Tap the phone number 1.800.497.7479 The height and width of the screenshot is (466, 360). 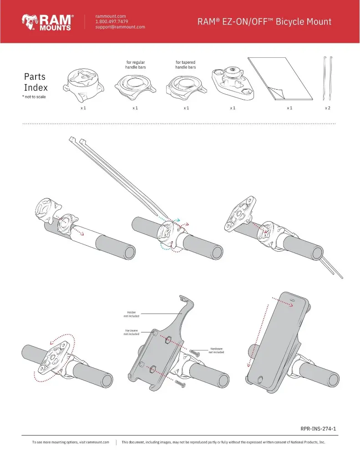click(111, 21)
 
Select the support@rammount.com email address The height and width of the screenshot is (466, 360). click(120, 27)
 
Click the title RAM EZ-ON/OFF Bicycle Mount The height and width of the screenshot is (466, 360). click(264, 21)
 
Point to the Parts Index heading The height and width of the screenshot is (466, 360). click(35, 82)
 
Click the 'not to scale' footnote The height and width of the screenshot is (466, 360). click(34, 97)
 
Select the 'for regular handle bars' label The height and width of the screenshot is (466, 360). click(135, 65)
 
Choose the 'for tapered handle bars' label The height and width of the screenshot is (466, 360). click(186, 65)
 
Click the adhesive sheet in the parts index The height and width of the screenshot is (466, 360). click(280, 78)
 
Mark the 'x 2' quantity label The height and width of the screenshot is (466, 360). click(328, 108)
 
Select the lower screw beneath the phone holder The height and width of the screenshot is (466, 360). click(181, 385)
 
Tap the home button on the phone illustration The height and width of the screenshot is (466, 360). click(260, 379)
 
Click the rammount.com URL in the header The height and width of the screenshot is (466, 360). click(110, 16)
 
